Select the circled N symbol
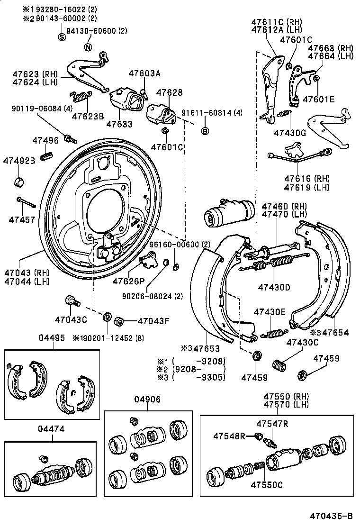[87, 46]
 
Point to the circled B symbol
[205, 131]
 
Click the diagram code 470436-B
[332, 516]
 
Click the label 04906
[148, 399]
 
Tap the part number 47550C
[266, 485]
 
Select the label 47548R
[229, 435]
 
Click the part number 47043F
[153, 321]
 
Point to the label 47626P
[128, 282]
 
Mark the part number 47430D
[274, 287]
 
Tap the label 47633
[119, 124]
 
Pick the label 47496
[45, 140]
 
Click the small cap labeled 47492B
[19, 181]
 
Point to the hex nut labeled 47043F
[120, 321]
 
